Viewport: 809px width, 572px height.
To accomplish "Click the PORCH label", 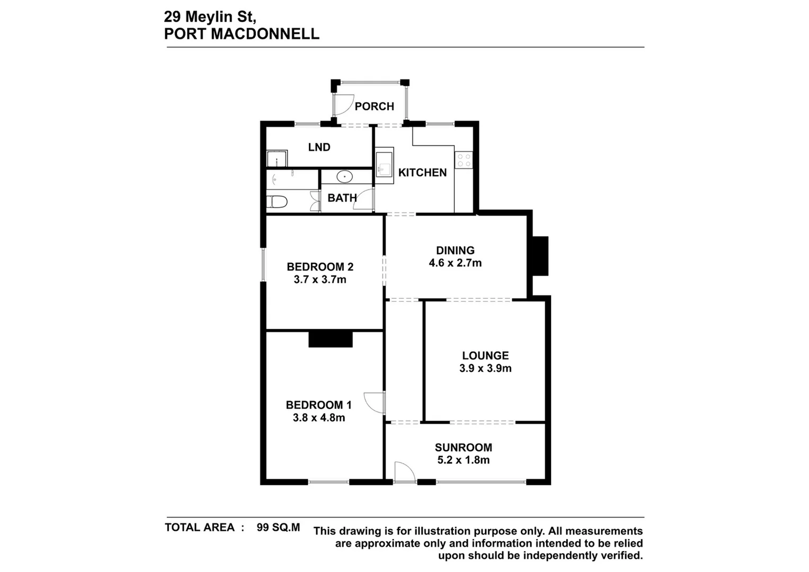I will click(374, 106).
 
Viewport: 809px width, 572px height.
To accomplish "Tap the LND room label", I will click(319, 147).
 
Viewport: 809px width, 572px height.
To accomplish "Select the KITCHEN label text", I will click(422, 173).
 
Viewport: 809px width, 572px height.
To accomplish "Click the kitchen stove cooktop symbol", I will click(464, 160).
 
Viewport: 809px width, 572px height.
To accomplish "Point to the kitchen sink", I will click(385, 165).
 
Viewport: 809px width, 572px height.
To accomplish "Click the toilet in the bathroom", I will click(277, 202).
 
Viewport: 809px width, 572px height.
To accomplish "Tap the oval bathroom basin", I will click(345, 176).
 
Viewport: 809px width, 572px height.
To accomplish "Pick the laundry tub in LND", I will click(276, 159).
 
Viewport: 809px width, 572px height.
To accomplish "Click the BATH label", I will click(342, 198).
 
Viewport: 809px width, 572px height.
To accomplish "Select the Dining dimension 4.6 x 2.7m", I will click(455, 263).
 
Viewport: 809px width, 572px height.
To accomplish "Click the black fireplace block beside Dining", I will click(540, 255).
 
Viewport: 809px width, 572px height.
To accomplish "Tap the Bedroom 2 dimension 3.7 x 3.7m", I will click(320, 280).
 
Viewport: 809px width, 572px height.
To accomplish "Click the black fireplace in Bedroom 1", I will click(331, 339).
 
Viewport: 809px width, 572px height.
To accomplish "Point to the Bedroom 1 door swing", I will click(374, 403).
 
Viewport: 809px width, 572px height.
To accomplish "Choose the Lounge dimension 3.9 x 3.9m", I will click(485, 369).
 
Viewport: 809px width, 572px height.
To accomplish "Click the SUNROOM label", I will click(464, 448).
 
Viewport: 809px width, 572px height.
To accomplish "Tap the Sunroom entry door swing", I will click(404, 472).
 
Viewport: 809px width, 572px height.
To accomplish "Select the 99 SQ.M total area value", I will click(278, 528).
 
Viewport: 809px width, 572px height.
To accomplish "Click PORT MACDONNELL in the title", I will click(242, 34).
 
